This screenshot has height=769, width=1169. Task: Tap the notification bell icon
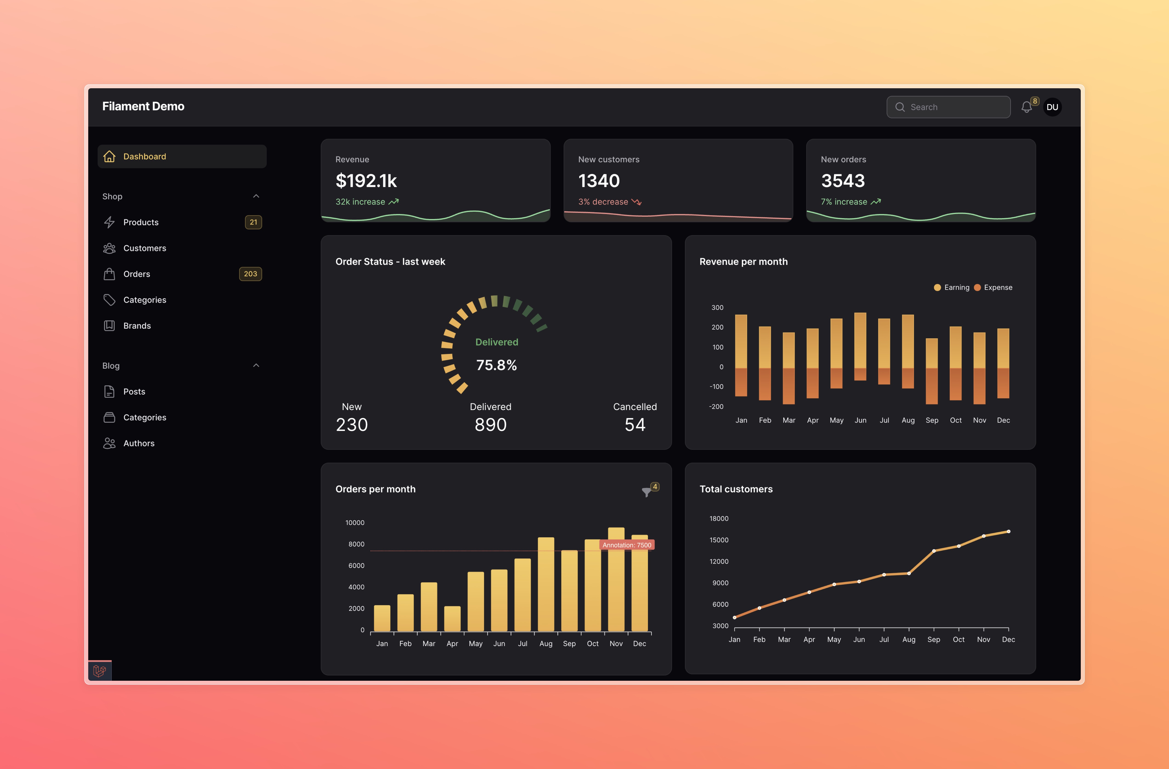click(1026, 107)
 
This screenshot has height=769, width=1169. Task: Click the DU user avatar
click(1052, 107)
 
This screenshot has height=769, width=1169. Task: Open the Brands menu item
click(137, 326)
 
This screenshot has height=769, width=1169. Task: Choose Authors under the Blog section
click(139, 443)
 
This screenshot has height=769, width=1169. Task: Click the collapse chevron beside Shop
click(256, 196)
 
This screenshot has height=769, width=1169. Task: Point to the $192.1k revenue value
click(366, 181)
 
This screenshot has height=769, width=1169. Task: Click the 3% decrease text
click(603, 202)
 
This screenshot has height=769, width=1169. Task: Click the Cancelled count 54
click(635, 424)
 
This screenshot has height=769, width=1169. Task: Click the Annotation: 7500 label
click(627, 545)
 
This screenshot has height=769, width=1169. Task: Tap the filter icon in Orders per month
click(646, 491)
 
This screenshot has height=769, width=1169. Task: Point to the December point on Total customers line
click(1008, 531)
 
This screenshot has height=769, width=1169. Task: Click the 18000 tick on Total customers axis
click(719, 518)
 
